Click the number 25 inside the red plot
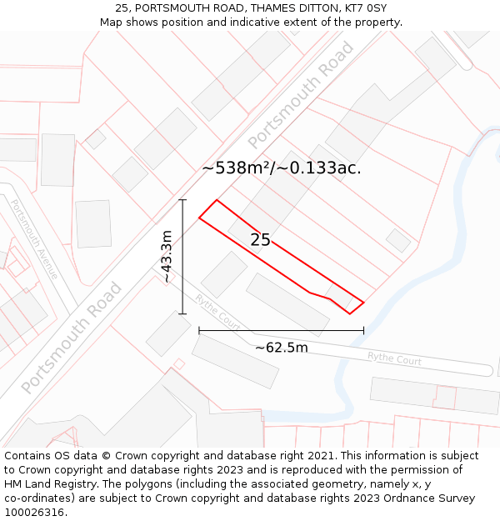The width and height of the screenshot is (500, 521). pos(260,240)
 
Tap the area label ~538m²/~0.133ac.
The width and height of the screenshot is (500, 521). pos(281,168)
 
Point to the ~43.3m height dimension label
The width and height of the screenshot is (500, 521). pos(167,257)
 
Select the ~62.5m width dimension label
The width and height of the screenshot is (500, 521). pos(281,348)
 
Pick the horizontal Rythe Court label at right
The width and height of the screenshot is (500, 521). pos(394,359)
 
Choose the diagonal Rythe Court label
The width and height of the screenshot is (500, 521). pos(217,311)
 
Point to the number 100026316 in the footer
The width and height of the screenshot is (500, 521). pos(35,513)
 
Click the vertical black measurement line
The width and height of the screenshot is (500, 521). pos(182,257)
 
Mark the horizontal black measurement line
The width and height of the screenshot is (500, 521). pos(281,331)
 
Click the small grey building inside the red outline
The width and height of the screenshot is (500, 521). pos(341,296)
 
